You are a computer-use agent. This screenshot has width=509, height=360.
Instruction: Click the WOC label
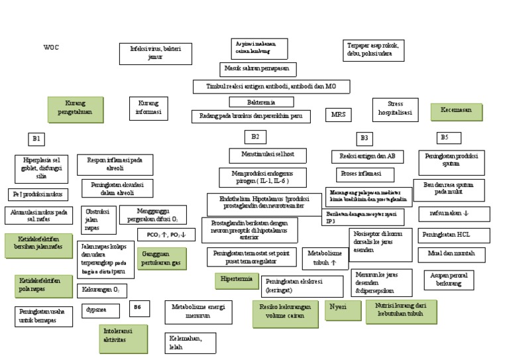[51, 48]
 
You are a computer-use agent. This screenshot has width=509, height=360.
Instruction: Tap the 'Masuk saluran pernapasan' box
[258, 69]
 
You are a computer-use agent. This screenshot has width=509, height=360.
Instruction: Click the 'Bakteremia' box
[261, 102]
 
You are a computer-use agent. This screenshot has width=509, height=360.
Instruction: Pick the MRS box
[338, 115]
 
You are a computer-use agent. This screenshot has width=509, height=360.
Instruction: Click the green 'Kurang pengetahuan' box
[76, 109]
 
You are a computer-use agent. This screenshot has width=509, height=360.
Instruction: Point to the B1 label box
[36, 139]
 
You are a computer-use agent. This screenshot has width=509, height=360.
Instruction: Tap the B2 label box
[255, 137]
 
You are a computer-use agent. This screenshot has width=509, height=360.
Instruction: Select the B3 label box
[364, 138]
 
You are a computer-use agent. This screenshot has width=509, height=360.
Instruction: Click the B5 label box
[449, 137]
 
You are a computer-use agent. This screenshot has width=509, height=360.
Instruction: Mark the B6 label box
[137, 307]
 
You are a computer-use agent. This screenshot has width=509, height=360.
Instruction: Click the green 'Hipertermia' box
[236, 280]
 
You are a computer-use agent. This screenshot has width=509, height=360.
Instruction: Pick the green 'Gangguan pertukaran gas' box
[162, 258]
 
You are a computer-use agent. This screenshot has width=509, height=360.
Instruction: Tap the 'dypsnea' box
[99, 310]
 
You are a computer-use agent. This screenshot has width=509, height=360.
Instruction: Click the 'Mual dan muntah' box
[454, 254]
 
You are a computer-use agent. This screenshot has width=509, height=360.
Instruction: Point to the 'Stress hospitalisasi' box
[396, 109]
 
